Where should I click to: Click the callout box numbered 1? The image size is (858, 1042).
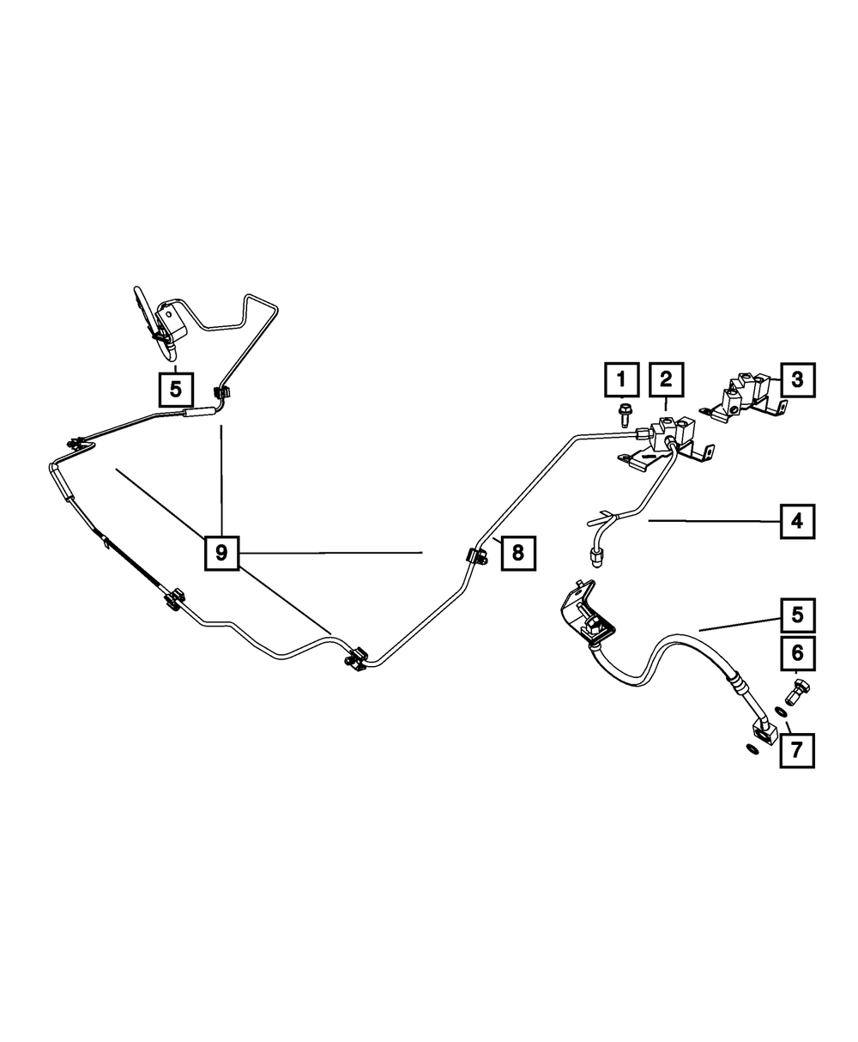tap(624, 379)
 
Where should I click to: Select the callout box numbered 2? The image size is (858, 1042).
tap(667, 379)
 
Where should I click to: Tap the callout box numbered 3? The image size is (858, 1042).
tap(797, 379)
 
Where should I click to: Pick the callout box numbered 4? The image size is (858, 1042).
tap(797, 520)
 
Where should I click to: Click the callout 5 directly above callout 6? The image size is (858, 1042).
tap(797, 615)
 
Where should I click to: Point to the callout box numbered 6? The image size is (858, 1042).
tap(797, 657)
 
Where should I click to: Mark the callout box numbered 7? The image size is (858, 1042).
tap(796, 749)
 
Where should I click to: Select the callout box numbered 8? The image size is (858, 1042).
tap(517, 553)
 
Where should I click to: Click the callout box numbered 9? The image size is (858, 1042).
tap(221, 553)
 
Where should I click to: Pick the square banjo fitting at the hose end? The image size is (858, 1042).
tap(762, 731)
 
